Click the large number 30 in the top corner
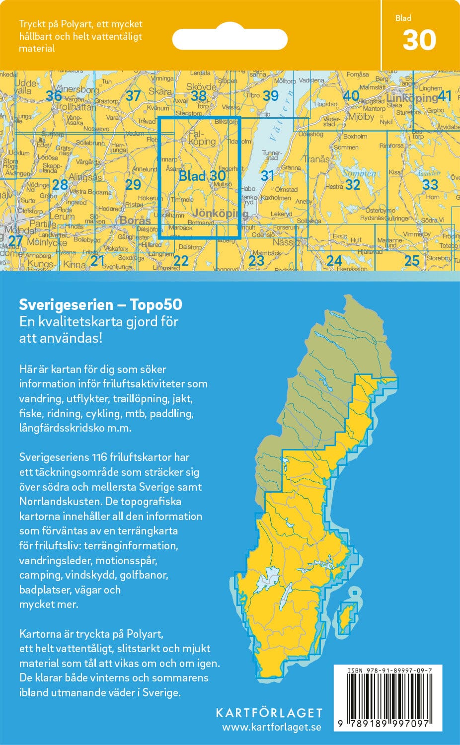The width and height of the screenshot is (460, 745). pyautogui.click(x=419, y=40)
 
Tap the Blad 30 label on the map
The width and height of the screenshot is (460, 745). pyautogui.click(x=202, y=175)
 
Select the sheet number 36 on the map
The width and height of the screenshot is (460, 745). pyautogui.click(x=54, y=95)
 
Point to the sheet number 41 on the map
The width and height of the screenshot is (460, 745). pyautogui.click(x=444, y=96)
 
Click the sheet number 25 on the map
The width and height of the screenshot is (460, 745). pyautogui.click(x=412, y=260)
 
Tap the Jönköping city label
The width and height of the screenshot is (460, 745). pyautogui.click(x=220, y=213)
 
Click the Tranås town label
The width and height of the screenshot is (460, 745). pyautogui.click(x=316, y=159)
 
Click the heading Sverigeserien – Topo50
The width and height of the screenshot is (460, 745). pyautogui.click(x=100, y=304)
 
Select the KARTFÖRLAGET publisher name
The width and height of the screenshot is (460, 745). pyautogui.click(x=269, y=713)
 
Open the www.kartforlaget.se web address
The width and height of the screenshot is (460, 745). pyautogui.click(x=271, y=727)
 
